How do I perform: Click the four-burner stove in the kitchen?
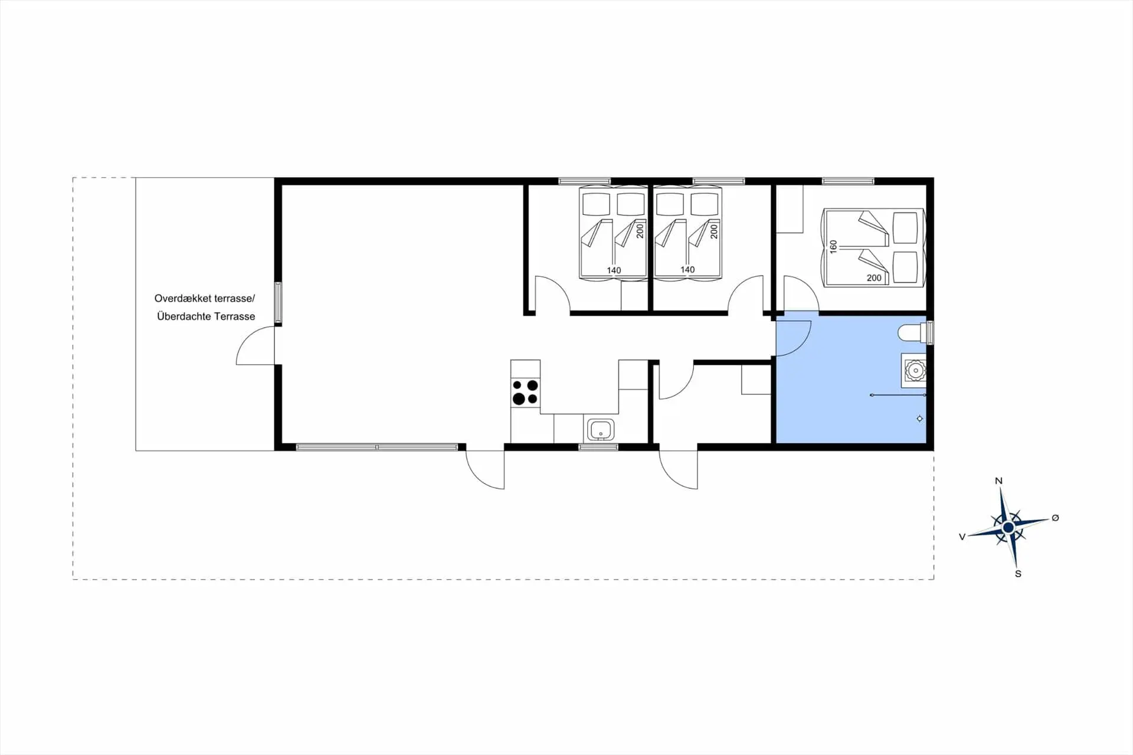(x=525, y=392)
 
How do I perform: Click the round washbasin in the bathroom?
(x=915, y=370)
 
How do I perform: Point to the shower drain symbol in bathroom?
(x=919, y=419)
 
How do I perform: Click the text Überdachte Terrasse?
(x=206, y=316)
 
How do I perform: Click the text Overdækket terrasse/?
(x=205, y=299)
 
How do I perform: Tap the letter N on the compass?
(x=998, y=481)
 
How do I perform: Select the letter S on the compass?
(x=1018, y=574)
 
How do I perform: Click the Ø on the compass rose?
(x=1055, y=518)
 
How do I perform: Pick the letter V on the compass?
(x=962, y=537)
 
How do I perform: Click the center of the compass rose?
(x=1008, y=527)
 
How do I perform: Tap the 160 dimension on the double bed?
(x=833, y=247)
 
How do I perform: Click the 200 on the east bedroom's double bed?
(x=874, y=277)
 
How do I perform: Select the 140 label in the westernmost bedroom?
(x=614, y=270)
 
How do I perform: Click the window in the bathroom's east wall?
(x=931, y=332)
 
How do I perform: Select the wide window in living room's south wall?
(x=377, y=447)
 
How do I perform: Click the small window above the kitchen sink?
(x=598, y=447)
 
